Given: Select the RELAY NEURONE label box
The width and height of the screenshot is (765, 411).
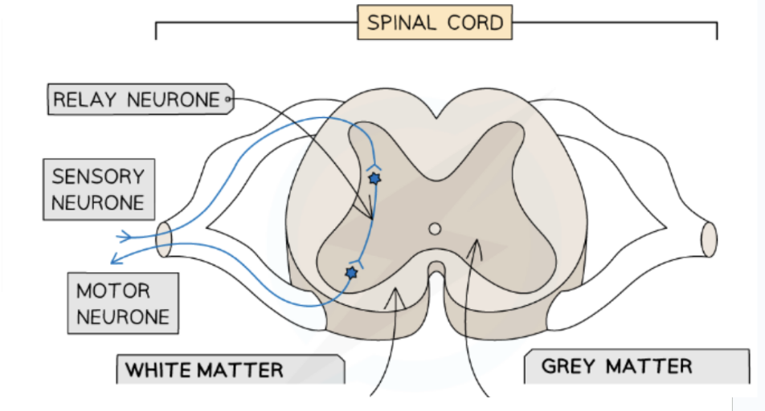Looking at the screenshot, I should coord(137,100).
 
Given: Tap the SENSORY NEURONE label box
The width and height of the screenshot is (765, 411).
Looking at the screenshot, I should coord(98,190).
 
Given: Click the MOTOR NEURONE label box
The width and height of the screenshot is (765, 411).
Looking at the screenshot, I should coord(123,303).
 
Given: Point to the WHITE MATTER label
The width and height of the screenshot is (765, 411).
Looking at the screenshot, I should coord(231,370).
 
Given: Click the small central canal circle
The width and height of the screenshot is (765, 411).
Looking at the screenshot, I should coord(435,230).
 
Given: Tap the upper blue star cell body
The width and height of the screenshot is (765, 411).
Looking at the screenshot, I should coord(373,179).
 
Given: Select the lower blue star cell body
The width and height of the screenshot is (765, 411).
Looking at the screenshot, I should coord(351,273).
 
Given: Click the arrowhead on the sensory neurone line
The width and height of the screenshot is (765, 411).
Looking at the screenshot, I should coord(125,236).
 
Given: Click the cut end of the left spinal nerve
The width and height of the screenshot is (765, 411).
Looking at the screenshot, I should coord(164,240).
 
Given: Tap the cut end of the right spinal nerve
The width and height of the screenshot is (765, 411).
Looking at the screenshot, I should coord(709,238).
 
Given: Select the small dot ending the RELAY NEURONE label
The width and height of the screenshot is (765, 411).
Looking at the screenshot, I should coord(228,100).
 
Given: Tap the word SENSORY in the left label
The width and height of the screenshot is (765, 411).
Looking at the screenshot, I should coord(98,177).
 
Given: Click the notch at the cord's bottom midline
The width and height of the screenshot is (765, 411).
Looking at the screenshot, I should coord(435,268).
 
